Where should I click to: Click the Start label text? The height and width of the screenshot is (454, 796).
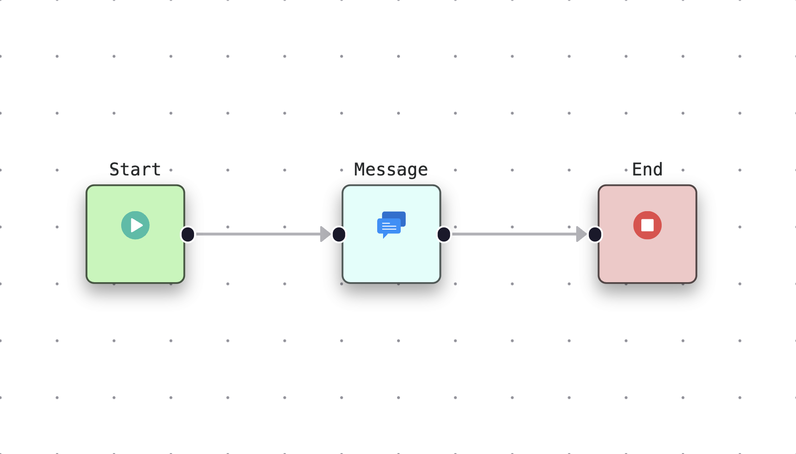135,170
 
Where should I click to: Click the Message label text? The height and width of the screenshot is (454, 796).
391,170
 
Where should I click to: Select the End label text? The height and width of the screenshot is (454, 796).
647,170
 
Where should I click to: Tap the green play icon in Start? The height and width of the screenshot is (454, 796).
135,225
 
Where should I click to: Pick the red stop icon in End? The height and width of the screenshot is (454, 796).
647,225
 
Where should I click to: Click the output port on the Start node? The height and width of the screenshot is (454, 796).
188,234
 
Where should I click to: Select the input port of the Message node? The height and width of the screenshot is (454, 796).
339,234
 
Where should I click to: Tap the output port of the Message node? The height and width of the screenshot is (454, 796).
444,234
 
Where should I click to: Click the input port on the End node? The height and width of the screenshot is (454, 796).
595,234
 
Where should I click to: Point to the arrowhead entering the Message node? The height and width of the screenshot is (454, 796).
325,234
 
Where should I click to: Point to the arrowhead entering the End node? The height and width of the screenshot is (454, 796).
581,234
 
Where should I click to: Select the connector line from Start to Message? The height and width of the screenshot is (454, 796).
258,234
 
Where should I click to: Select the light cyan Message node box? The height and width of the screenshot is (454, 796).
391,260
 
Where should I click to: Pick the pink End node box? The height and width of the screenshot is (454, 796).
647,260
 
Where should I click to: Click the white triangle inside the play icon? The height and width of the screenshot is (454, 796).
136,225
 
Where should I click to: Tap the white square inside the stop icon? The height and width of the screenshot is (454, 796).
647,225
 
